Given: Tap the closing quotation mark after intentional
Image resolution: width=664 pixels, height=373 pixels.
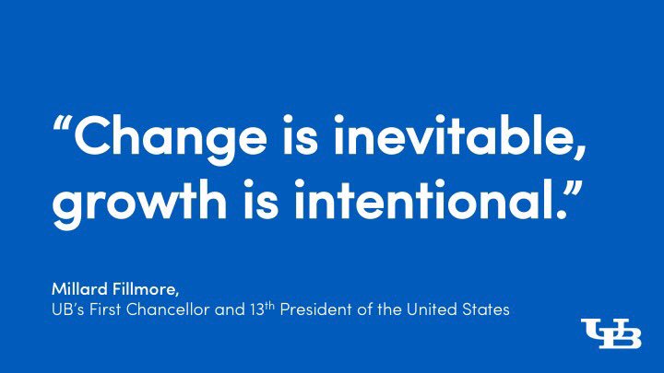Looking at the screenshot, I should pyautogui.click(x=574, y=189).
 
